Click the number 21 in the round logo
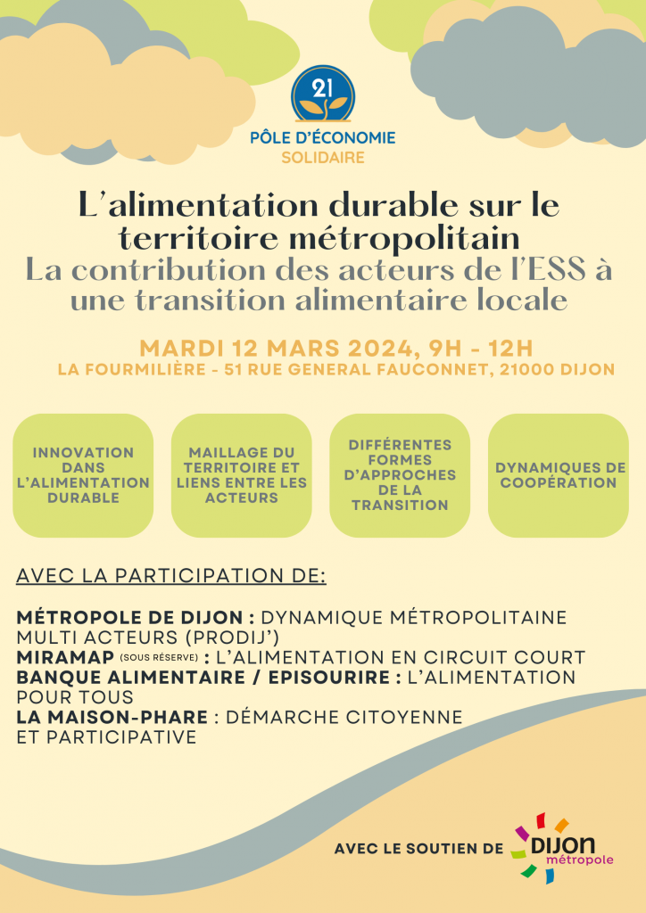(x=322, y=87)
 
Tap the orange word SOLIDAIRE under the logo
(x=322, y=158)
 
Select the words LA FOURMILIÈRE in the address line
(x=130, y=369)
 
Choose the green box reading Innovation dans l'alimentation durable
(x=83, y=475)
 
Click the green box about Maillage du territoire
(x=241, y=475)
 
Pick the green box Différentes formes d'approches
(x=399, y=475)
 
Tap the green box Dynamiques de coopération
(x=558, y=475)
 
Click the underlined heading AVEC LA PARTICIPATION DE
(x=171, y=574)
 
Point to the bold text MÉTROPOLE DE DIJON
(x=128, y=618)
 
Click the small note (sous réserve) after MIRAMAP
(x=158, y=658)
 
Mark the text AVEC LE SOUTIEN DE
(x=418, y=849)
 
